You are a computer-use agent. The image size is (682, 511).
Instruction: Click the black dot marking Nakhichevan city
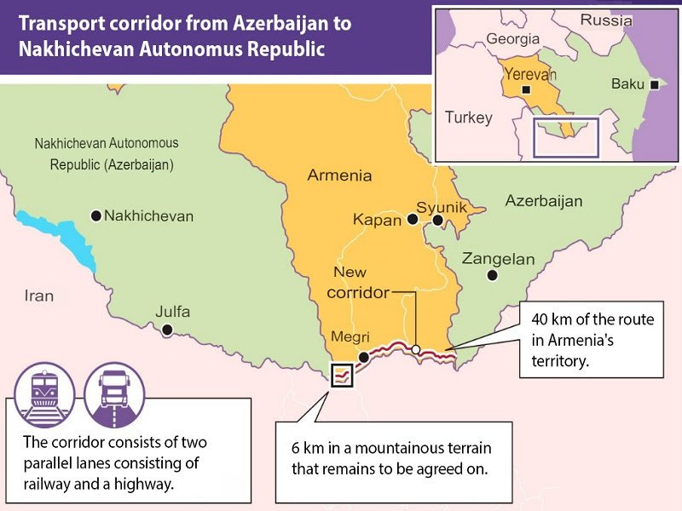(95, 216)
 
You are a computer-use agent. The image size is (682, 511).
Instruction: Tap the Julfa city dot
(167, 330)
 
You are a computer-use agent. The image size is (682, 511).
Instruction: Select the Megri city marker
(364, 357)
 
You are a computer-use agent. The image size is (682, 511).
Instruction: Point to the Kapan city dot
(413, 220)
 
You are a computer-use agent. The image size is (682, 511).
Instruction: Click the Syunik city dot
(437, 221)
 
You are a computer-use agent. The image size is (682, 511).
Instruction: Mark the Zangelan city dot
(491, 275)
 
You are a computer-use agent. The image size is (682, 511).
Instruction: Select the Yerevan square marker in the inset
(527, 89)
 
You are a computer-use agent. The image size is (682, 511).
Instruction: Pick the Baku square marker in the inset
(654, 84)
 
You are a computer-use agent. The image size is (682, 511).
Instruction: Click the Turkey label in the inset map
(468, 118)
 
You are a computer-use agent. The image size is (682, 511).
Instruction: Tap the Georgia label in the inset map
(512, 39)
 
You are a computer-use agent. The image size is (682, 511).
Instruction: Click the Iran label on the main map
(38, 296)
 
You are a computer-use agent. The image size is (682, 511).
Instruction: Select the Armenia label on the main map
(339, 176)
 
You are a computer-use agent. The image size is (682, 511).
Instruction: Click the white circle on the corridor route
(415, 348)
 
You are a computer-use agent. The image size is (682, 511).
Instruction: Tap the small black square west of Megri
(342, 374)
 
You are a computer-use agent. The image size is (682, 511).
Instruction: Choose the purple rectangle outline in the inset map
(566, 137)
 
